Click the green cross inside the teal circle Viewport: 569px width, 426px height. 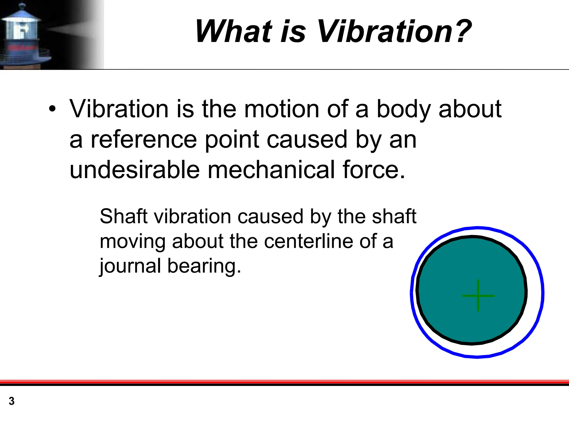point(478,296)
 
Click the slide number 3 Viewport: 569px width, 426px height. point(11,401)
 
